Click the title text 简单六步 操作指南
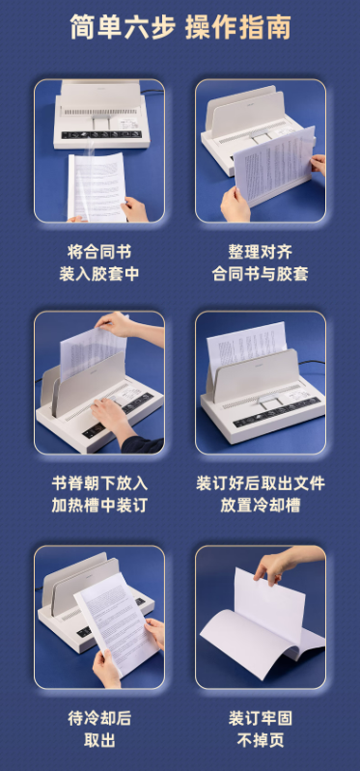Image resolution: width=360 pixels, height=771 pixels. [180, 28]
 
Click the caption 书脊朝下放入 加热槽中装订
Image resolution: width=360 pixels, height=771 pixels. [99, 493]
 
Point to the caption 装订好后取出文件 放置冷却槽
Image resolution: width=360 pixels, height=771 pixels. [261, 493]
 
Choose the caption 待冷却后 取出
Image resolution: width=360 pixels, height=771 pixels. [99, 730]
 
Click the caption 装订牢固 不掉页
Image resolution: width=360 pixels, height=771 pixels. [261, 730]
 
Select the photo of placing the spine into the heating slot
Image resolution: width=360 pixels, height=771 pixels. [99, 383]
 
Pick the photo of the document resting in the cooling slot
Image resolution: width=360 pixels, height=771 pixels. [261, 383]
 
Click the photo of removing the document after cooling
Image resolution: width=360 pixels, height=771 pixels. [99, 618]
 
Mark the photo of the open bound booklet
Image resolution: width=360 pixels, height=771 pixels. [261, 618]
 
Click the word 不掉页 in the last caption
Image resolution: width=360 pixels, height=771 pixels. [261, 741]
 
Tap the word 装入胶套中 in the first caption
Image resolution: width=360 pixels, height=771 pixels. [99, 274]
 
